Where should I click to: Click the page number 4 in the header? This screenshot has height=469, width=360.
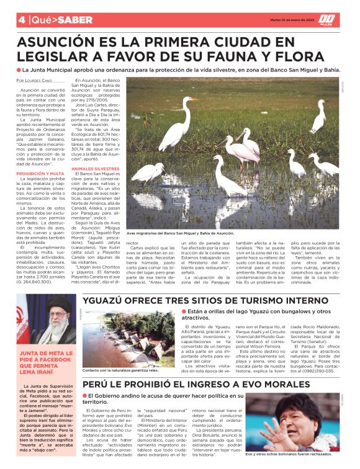pos(21,20)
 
